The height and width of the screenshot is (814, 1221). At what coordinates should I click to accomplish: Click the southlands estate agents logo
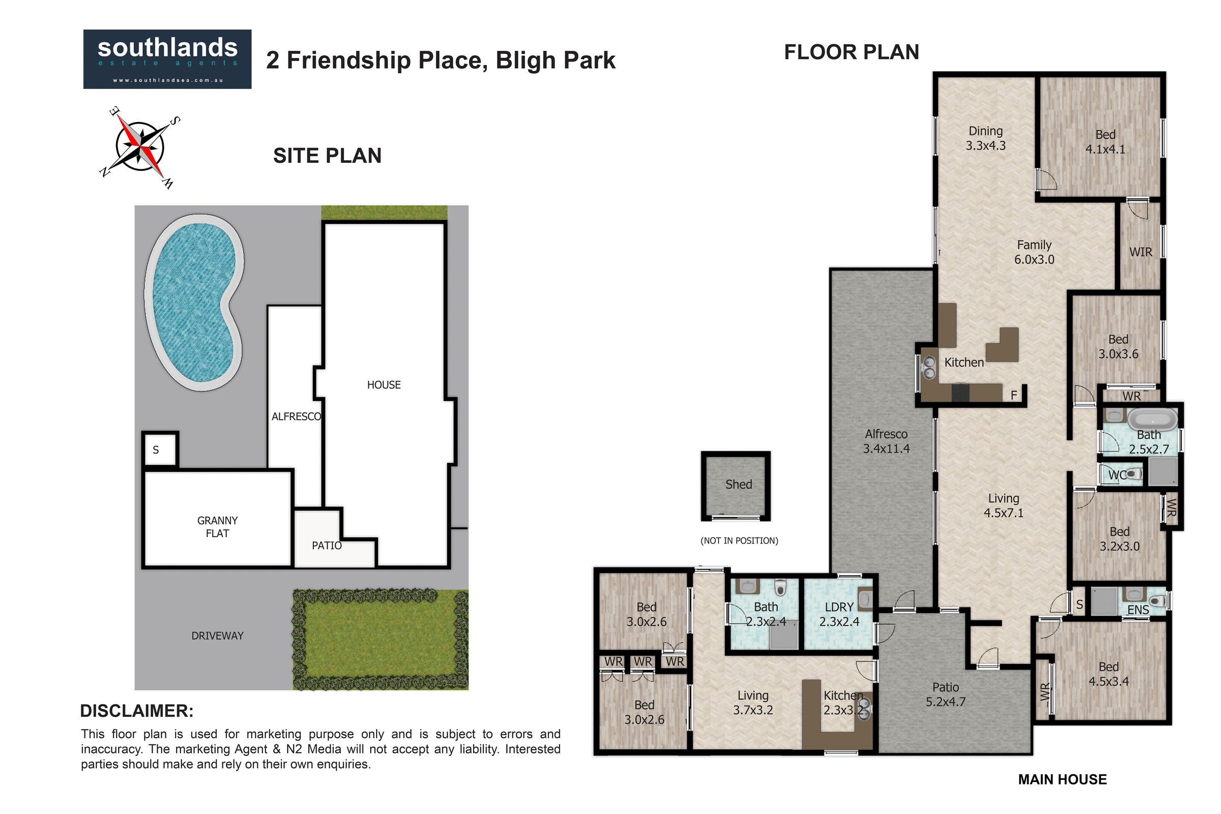pos(167,59)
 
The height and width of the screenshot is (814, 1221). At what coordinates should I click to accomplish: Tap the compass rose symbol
pos(139,147)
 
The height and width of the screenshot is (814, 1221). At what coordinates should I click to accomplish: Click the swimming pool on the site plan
pos(194,302)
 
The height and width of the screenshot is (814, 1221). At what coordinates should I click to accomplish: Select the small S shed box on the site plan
pos(160,450)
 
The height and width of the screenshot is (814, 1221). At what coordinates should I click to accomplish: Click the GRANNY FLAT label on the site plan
pos(218,527)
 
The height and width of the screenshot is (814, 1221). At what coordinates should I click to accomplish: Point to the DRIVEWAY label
pos(218,636)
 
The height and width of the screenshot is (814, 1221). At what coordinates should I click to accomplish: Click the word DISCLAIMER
pos(136,711)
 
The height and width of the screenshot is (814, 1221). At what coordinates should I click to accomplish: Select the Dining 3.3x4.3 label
pos(985,138)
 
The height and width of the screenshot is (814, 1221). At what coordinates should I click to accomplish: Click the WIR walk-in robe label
pos(1141,252)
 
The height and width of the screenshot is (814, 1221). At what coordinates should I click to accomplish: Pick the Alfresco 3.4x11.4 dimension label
pos(886,441)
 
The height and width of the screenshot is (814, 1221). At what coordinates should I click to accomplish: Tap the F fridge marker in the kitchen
pos(1013,396)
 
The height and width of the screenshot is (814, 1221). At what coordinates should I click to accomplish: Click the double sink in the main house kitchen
pos(928,367)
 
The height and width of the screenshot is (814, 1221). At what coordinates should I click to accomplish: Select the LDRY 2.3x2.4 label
pos(839,614)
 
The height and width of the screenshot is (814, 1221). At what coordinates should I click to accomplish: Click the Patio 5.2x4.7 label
pos(945,694)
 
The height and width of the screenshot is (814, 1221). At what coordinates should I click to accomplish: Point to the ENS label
pos(1138,610)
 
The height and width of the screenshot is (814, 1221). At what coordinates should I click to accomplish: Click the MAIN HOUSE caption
pos(1062,780)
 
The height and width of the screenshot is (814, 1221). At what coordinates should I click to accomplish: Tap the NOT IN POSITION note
pos(739,541)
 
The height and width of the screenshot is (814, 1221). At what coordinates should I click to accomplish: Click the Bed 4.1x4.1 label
pos(1105,142)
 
